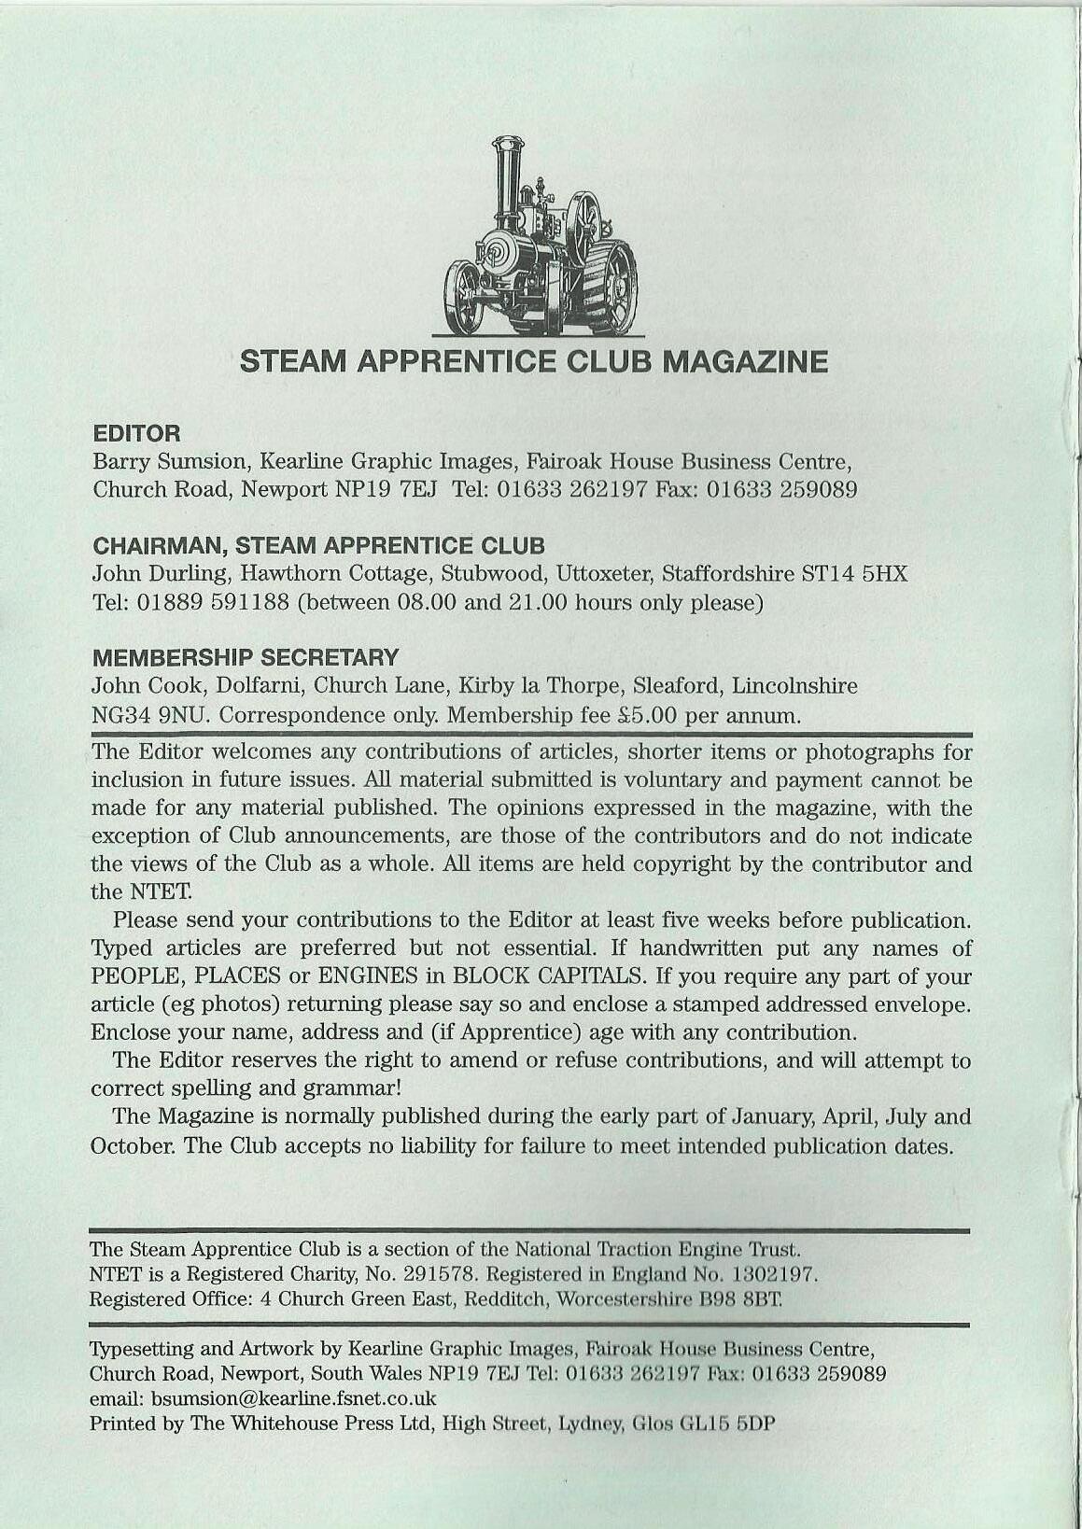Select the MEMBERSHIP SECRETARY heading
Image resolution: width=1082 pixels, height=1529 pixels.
click(245, 657)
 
